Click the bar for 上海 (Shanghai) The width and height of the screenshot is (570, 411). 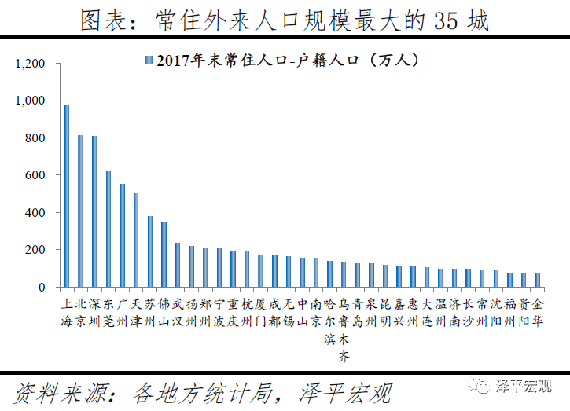tap(67, 196)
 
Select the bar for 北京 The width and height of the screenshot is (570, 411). tap(80, 211)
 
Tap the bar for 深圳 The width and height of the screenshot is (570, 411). tap(94, 212)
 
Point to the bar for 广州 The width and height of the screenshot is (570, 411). tap(122, 236)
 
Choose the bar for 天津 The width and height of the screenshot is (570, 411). tap(136, 240)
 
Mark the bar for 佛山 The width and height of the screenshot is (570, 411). tap(164, 255)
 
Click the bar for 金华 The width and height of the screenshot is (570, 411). tap(538, 281)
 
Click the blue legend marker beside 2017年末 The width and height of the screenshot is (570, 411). tap(148, 60)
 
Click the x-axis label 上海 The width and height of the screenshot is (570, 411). tap(67, 312)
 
